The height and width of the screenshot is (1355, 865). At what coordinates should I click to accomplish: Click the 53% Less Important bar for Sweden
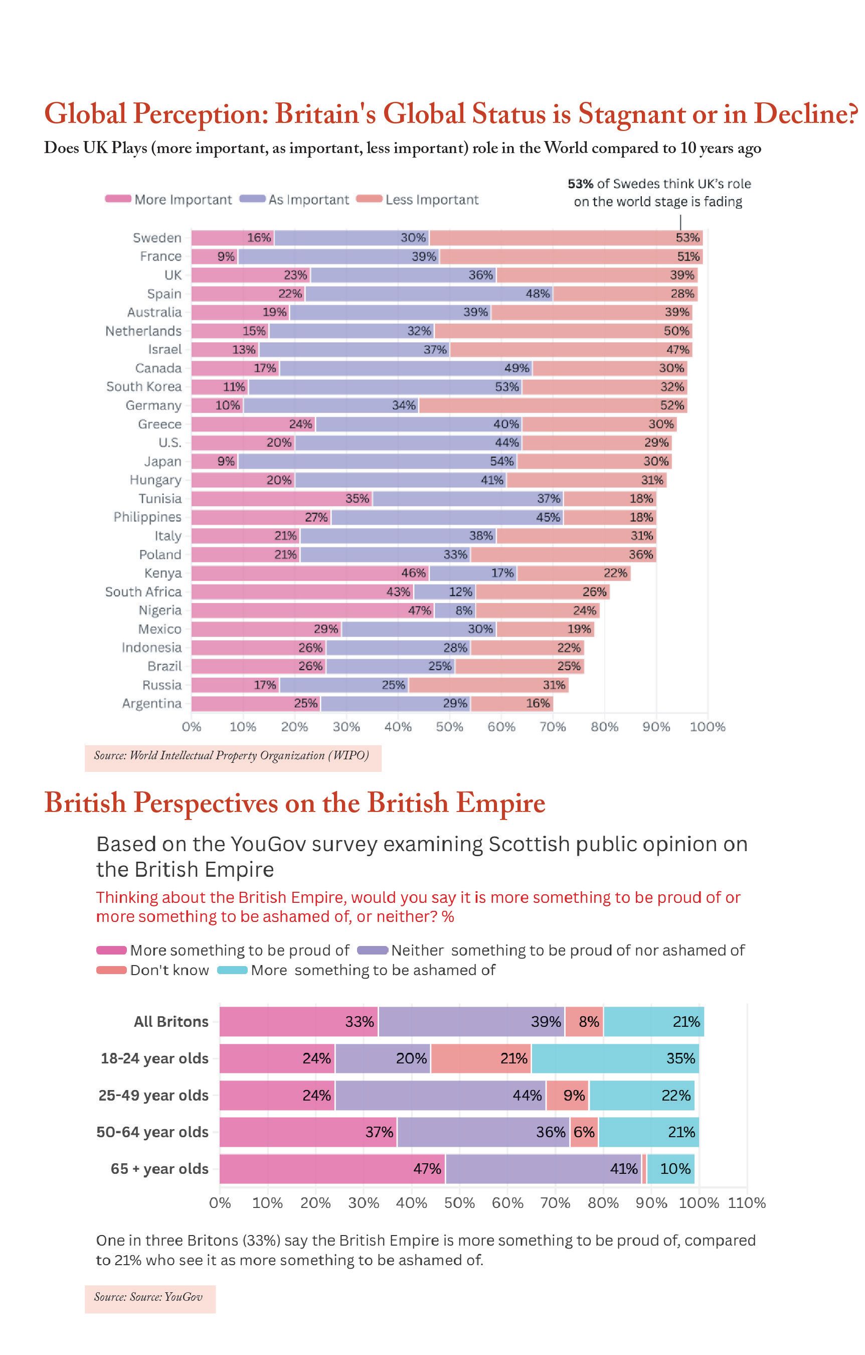point(566,237)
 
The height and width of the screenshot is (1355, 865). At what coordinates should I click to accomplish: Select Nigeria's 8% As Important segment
point(455,611)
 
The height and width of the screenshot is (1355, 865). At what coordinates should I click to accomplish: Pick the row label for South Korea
point(144,386)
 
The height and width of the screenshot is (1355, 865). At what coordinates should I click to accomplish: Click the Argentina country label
point(152,704)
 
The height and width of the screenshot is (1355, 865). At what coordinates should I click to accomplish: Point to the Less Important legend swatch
point(369,199)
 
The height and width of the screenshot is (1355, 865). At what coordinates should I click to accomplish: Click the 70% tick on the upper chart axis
point(553,727)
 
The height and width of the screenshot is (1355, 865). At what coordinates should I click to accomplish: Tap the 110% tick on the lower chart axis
point(747,1203)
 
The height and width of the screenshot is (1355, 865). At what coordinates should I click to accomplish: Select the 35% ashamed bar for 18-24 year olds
point(615,1058)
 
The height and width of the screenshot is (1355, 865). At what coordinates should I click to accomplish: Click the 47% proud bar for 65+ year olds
point(332,1169)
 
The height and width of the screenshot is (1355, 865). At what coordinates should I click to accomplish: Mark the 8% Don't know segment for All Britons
point(584,1021)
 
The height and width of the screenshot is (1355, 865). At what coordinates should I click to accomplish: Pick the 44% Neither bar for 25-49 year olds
point(440,1095)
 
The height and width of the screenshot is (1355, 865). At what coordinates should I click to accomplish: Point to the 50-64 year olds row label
point(152,1132)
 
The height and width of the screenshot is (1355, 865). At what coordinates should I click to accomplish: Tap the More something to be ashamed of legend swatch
point(232,970)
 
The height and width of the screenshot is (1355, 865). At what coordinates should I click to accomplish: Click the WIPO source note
point(232,755)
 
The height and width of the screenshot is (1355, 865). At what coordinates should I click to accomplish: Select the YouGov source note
point(148,1296)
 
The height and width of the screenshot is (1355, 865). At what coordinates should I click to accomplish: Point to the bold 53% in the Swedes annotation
point(580,184)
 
